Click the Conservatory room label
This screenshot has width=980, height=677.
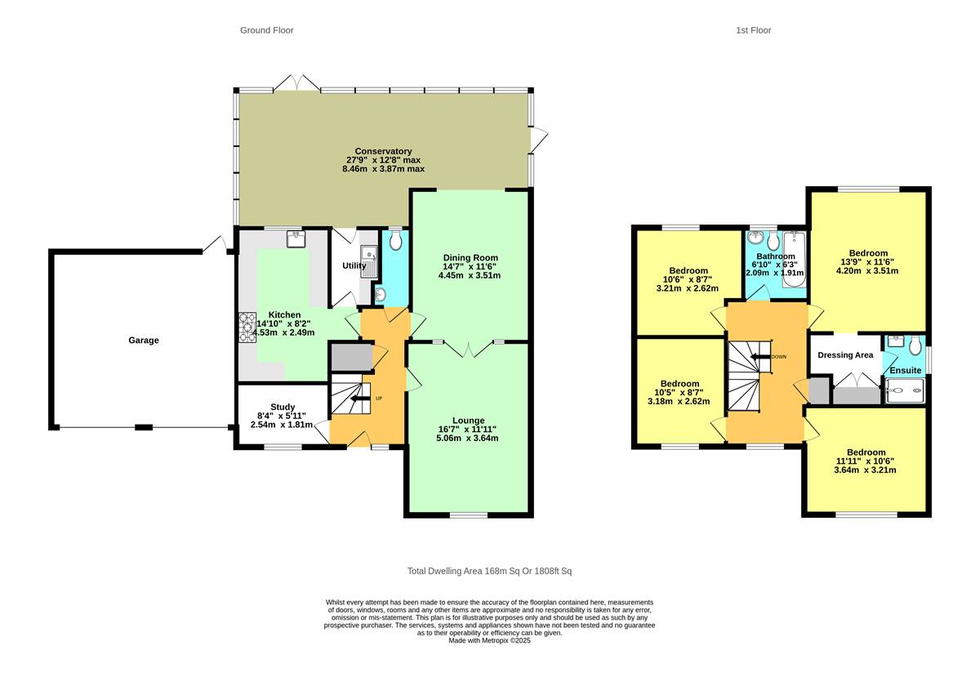pos(378,151)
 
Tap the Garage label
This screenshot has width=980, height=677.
pos(143,341)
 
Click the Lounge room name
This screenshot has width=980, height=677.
pos(467,420)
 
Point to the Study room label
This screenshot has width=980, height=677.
pos(283,407)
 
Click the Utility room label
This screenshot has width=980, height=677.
pos(354,265)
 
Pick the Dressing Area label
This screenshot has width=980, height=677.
pos(845,355)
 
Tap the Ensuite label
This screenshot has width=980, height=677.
pos(906,370)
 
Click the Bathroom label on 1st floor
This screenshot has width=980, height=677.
pos(775,256)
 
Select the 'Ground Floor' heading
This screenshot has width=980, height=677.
pos(266,30)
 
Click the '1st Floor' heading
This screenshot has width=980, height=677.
pos(753,30)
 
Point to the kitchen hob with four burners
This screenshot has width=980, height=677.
pos(247,327)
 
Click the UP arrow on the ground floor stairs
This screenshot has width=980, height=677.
pos(359,398)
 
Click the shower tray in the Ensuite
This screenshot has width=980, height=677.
pos(907,390)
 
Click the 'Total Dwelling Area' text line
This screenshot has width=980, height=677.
pos(495,571)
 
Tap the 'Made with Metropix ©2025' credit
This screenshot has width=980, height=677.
pos(489,641)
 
